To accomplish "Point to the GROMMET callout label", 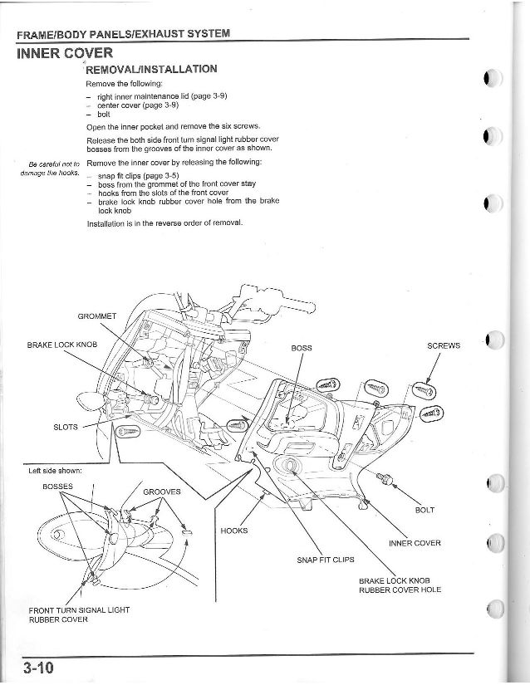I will (x=97, y=316).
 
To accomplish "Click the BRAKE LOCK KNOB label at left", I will (x=61, y=343).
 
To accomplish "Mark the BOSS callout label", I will (x=302, y=346).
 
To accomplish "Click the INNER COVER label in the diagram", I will (x=414, y=543).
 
